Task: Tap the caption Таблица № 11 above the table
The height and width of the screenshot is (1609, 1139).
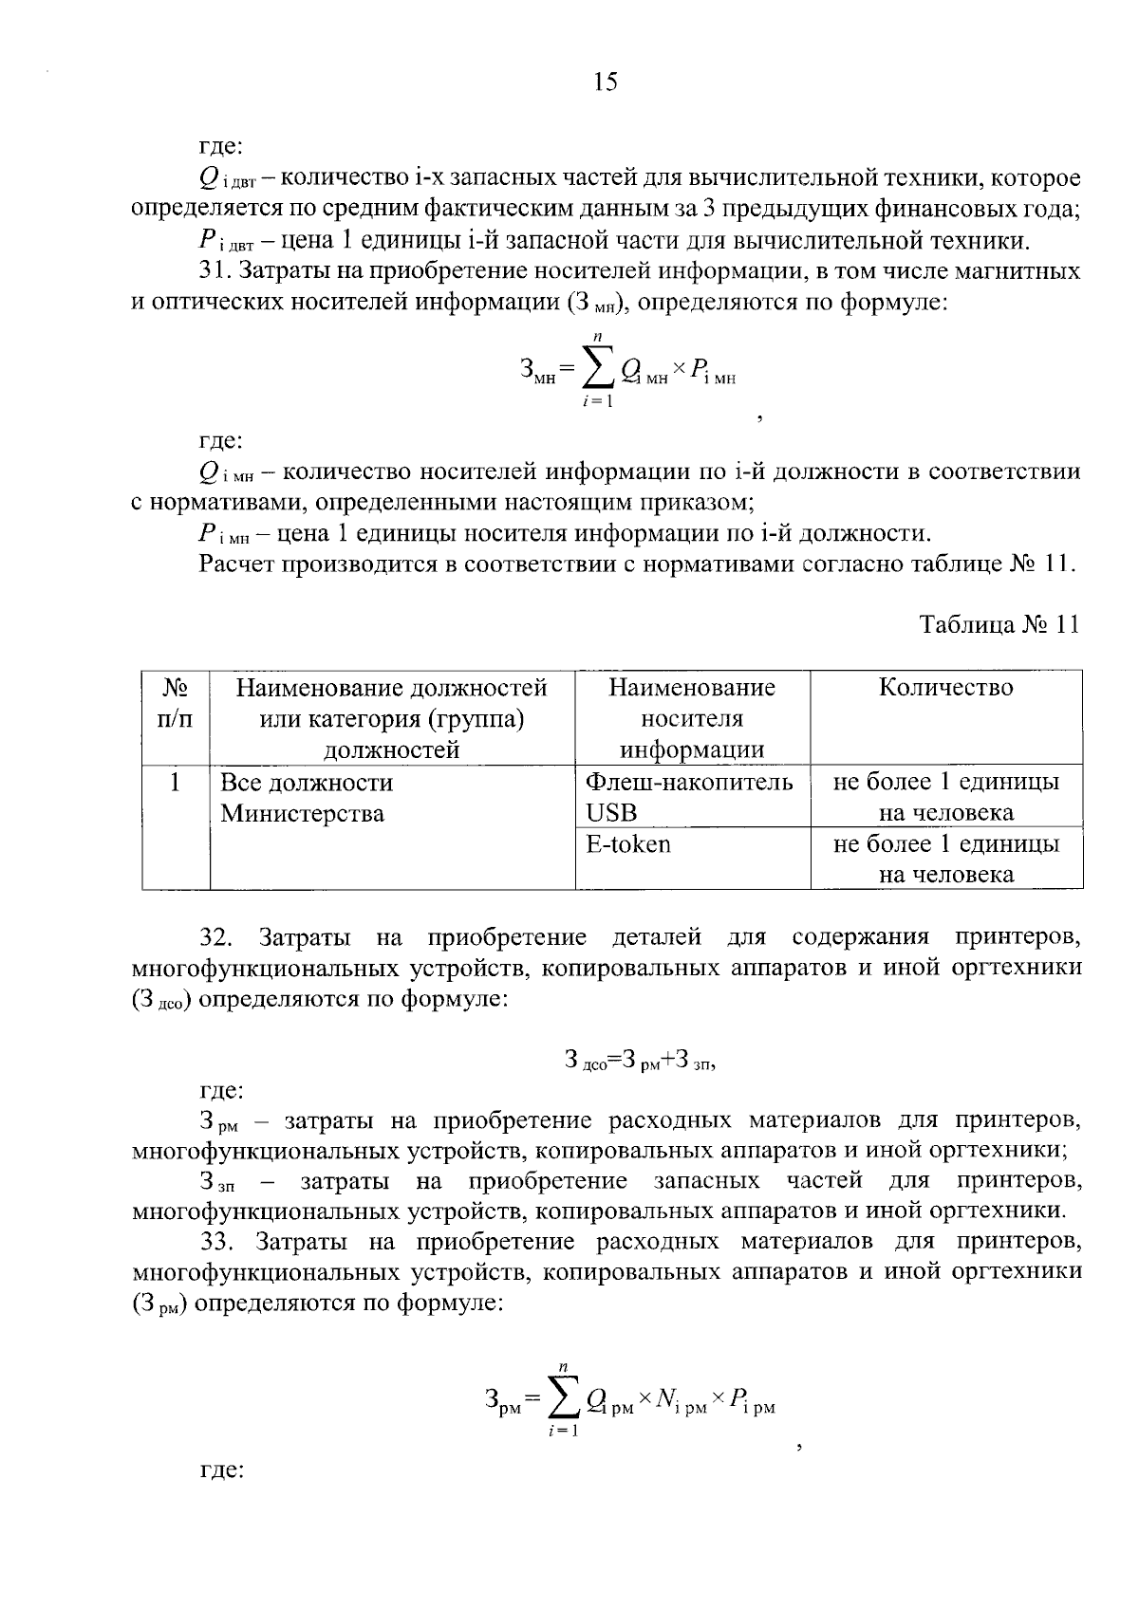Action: coord(999,625)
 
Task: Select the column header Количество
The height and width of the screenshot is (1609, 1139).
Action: coord(945,688)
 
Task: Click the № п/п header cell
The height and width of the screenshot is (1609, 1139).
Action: coord(175,703)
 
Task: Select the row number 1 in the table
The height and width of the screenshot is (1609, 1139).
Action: coord(175,784)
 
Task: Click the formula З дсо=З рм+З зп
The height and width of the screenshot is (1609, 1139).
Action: coord(640,1060)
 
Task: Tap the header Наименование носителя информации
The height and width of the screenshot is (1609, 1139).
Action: coord(692,717)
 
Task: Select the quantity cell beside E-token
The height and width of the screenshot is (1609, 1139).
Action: coord(945,859)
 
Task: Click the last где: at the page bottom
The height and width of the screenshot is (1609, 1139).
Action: coord(221,1471)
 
